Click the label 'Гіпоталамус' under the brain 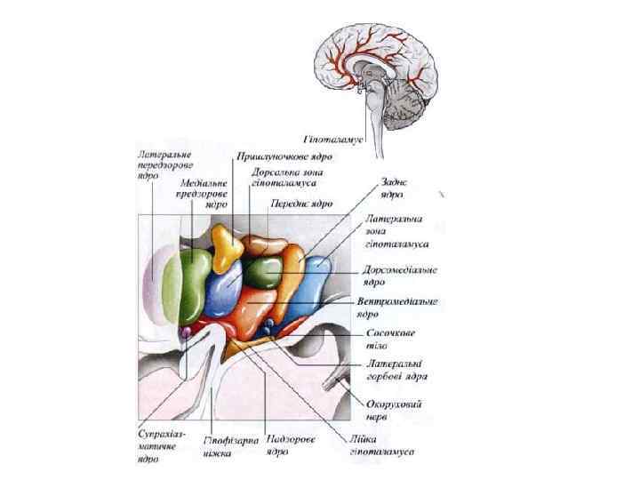[x=334, y=140]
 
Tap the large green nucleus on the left [x=195, y=287]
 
